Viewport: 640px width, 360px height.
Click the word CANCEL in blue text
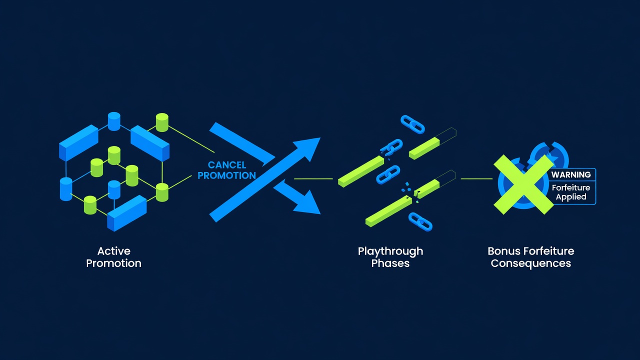tap(227, 165)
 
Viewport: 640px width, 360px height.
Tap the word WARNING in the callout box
tap(571, 174)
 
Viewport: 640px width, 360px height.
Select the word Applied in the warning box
tap(571, 197)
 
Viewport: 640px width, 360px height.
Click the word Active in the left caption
tap(113, 251)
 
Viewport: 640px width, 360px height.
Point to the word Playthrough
tap(390, 251)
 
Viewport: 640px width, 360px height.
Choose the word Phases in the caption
tap(390, 263)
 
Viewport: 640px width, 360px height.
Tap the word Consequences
tap(531, 263)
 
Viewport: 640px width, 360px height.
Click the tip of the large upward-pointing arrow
tap(320, 138)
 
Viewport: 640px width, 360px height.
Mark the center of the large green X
tap(523, 184)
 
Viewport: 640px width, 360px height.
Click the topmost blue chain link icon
tap(412, 124)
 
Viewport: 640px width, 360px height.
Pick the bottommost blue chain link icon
tap(420, 221)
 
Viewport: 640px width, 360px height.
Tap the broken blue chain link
tap(391, 147)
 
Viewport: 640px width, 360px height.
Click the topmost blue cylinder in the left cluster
tap(114, 121)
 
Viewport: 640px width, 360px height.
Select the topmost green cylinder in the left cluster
tap(162, 122)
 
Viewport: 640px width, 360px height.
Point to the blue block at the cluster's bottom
tap(127, 213)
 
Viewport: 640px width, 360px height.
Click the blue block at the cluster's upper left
tap(78, 142)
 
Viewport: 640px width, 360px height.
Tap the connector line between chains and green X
tap(476, 179)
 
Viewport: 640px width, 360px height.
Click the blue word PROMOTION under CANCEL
tap(227, 175)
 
